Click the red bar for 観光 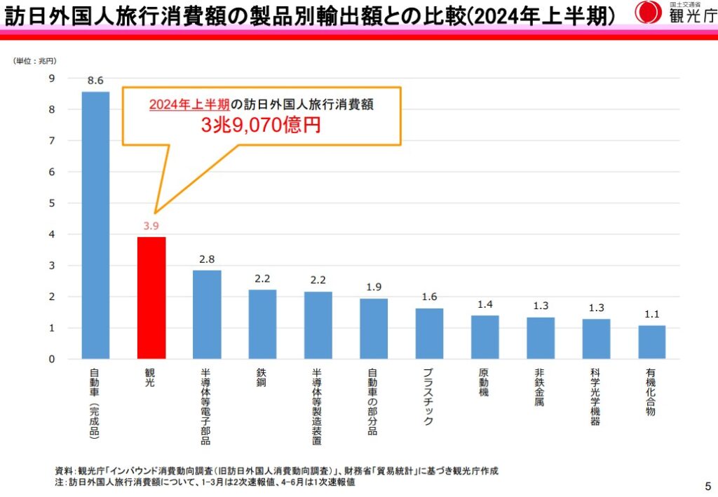click(151, 298)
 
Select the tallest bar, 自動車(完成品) click(95, 225)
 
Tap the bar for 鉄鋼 click(262, 324)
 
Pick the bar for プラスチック click(429, 334)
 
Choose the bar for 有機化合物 click(651, 342)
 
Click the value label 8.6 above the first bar click(95, 80)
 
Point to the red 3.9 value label click(151, 226)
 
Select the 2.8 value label click(207, 259)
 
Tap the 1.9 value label click(374, 287)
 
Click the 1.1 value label click(651, 315)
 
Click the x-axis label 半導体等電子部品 click(206, 407)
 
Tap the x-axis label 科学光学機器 click(595, 397)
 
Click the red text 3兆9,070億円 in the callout click(261, 125)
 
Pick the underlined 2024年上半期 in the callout click(189, 104)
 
